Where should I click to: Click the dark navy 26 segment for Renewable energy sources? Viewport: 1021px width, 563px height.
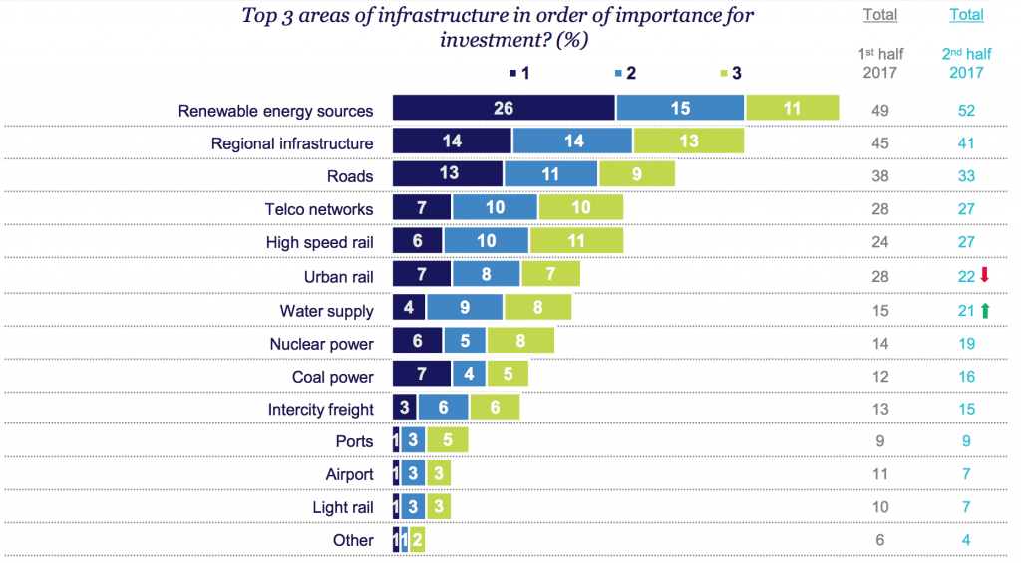point(504,109)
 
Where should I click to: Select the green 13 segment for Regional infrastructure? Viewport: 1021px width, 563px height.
point(688,141)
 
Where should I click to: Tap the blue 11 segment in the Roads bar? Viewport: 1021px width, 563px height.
point(551,174)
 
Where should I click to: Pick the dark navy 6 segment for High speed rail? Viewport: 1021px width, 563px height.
point(417,241)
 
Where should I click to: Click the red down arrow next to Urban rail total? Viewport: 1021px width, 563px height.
point(985,276)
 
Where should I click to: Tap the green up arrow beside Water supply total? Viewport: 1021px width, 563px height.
point(985,310)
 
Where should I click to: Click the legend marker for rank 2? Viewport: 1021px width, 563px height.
point(620,73)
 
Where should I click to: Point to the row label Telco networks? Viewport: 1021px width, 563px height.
point(319,209)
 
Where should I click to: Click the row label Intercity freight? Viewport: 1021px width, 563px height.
point(321,409)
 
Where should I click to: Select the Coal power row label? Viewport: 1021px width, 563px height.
point(333,377)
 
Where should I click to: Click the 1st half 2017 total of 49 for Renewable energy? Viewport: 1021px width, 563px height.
point(880,111)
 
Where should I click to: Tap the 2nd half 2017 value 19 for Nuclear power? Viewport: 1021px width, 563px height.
point(966,344)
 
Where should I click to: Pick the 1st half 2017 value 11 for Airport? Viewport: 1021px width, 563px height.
point(880,475)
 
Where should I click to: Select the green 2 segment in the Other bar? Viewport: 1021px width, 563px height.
point(417,540)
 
